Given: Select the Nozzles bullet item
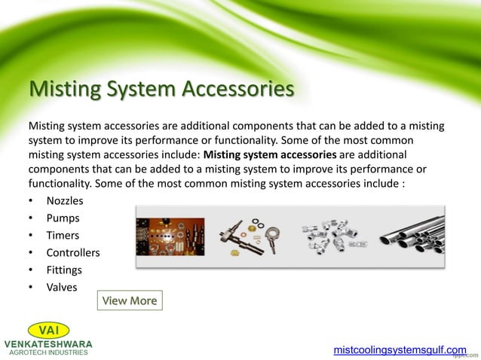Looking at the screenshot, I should [x=65, y=202].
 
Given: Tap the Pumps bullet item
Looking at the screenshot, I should [x=63, y=218].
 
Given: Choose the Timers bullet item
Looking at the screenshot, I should [x=63, y=236].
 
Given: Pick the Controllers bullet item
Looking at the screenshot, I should [x=73, y=253].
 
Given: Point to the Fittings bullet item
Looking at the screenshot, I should [x=64, y=270].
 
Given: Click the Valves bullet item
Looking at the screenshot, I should [x=61, y=287].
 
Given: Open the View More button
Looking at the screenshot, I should [x=130, y=301].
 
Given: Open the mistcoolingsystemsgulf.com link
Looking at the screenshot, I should [x=400, y=350].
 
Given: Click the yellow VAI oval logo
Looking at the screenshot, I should [x=48, y=331].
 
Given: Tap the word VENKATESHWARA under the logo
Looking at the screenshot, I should [x=48, y=343].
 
